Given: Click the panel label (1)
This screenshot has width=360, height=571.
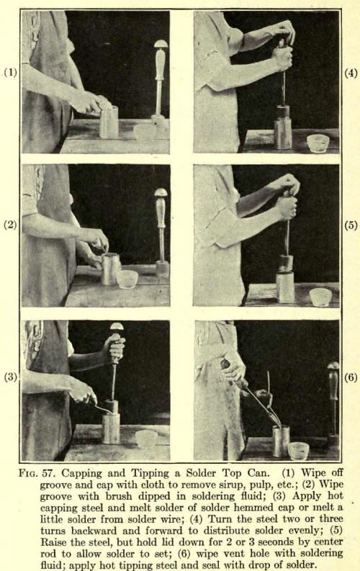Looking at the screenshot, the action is click(x=10, y=73).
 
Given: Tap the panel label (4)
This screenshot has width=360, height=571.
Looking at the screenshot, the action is click(x=351, y=73).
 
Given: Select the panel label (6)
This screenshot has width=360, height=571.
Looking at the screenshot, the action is click(x=351, y=377).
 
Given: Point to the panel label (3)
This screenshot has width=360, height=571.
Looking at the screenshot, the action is click(x=10, y=377).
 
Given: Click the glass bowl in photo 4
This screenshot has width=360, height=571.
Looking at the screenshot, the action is click(x=318, y=143).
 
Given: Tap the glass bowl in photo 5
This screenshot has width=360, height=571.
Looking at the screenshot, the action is click(x=320, y=297).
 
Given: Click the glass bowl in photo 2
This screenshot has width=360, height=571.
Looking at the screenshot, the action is click(x=127, y=279).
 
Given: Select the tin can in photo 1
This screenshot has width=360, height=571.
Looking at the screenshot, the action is click(x=109, y=122).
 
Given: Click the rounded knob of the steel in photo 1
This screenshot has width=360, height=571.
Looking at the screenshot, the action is click(x=161, y=44).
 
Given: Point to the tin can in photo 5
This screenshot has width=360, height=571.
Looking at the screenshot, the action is click(x=285, y=287).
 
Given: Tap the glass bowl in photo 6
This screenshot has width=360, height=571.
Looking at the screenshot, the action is click(x=299, y=451).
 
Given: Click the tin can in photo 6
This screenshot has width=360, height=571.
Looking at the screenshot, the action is click(x=281, y=441).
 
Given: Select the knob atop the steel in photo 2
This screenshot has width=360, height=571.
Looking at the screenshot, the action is click(x=161, y=192).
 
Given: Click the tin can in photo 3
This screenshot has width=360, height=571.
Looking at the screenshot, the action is click(x=111, y=428).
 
